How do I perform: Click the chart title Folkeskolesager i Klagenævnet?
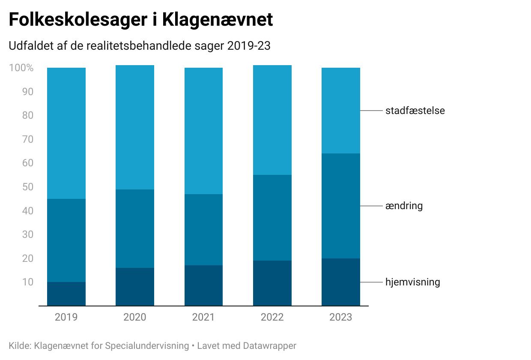coord(140,20)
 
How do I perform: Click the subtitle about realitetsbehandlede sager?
coord(140,46)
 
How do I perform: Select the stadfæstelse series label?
coord(415,111)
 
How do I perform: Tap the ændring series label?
coord(403,206)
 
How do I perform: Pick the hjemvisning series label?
coord(412,282)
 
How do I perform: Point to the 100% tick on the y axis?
coord(21,68)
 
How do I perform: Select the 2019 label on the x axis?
coord(66,317)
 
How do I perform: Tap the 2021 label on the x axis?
coord(203,317)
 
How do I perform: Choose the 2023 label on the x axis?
coord(340,317)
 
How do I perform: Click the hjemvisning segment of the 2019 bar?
coord(66,294)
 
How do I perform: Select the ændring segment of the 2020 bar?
coord(135,229)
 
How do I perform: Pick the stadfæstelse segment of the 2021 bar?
coord(203,131)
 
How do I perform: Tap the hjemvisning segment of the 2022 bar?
coord(272,283)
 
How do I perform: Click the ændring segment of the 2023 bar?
coord(340,206)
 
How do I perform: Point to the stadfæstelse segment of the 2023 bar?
coord(340,111)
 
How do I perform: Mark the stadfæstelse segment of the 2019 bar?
coord(66,133)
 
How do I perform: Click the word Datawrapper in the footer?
coord(269,345)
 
